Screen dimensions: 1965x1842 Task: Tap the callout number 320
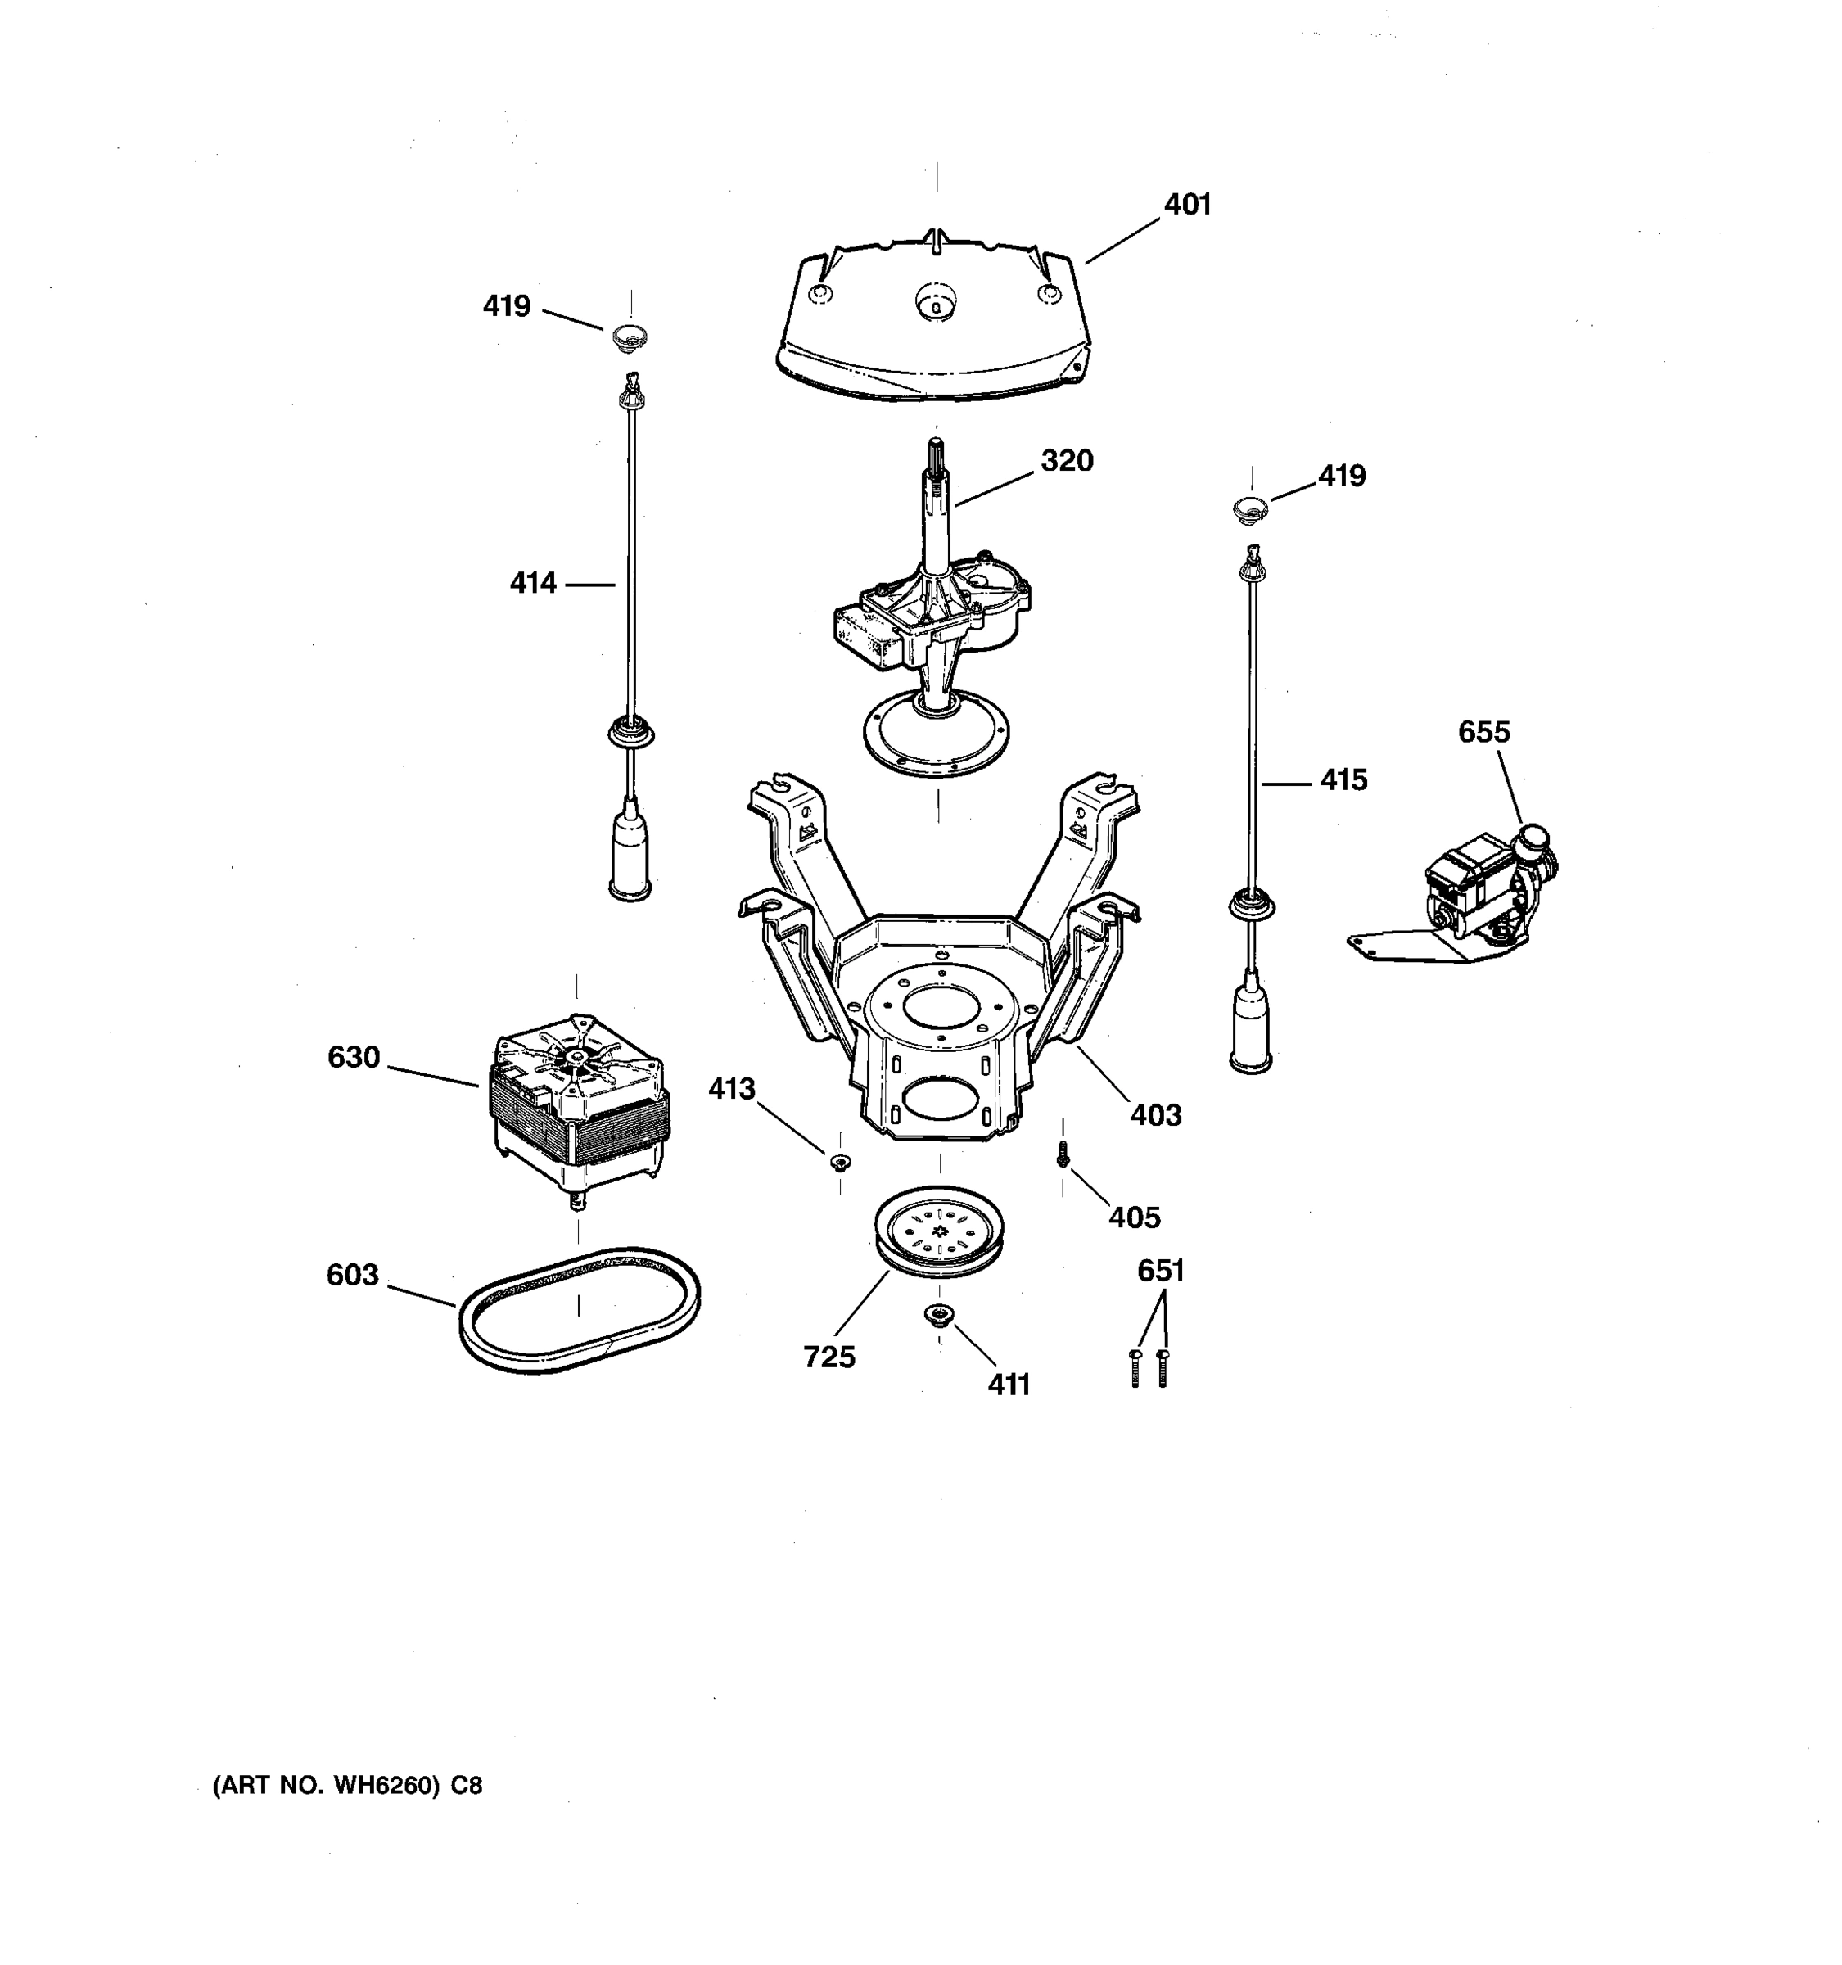1066,461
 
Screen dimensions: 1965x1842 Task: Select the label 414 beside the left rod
533,583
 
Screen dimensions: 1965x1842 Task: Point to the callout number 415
1343,780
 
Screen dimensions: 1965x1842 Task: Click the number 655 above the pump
1483,733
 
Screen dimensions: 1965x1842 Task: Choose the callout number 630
354,1058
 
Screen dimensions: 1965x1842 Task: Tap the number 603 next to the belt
353,1275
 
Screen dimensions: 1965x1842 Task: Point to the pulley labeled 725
939,1231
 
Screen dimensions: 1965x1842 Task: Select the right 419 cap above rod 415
1251,510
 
